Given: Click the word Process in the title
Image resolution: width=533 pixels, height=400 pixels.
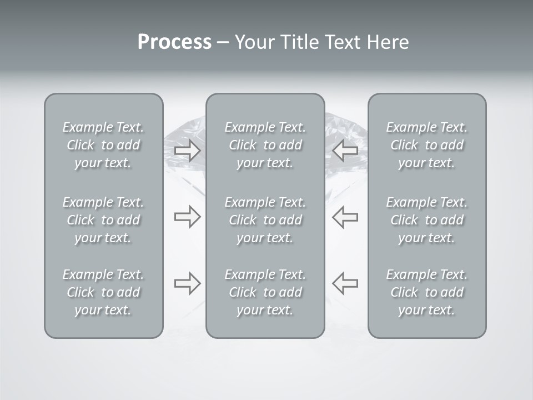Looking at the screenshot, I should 174,42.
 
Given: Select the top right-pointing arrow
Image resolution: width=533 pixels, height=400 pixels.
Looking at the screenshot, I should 187,150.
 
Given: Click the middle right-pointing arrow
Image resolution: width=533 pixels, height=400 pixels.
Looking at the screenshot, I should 187,217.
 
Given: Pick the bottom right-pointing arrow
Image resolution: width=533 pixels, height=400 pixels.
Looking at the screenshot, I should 187,283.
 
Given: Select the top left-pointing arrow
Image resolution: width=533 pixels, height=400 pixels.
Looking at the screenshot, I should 345,150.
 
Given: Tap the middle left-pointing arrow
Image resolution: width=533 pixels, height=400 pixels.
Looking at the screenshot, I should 345,217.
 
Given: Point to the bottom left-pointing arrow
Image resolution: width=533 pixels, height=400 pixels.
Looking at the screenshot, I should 345,283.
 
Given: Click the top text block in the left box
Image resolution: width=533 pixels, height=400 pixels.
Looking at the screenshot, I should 103,145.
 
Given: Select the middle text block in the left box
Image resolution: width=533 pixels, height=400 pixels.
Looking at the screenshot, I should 103,220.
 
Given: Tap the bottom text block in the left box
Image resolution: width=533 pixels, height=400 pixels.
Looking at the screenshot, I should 103,292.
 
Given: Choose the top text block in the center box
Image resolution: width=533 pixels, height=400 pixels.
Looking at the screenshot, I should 265,145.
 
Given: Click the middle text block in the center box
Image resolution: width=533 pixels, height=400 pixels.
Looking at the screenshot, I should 265,220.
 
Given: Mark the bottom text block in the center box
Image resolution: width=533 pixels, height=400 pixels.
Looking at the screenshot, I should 265,292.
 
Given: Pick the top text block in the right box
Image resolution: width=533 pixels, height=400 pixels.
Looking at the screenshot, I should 427,145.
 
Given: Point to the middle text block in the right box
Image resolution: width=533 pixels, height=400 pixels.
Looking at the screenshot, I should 427,220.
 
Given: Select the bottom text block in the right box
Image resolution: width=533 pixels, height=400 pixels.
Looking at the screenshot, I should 427,292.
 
